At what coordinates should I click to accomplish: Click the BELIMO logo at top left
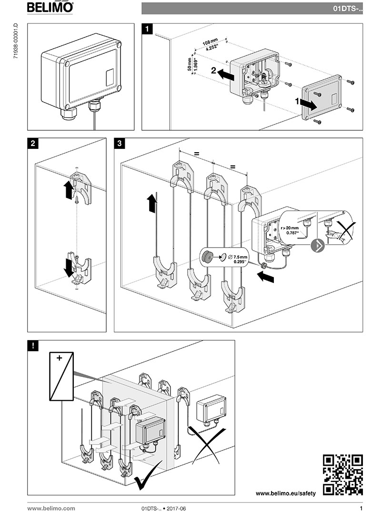50,7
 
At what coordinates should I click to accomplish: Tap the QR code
343,474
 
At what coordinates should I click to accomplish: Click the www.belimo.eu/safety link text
286,493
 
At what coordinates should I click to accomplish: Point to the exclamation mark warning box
33,346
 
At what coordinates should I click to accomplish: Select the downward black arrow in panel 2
69,268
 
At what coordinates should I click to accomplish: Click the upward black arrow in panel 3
151,203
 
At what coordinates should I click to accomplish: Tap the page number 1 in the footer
361,509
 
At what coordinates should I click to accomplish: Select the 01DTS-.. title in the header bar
347,9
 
